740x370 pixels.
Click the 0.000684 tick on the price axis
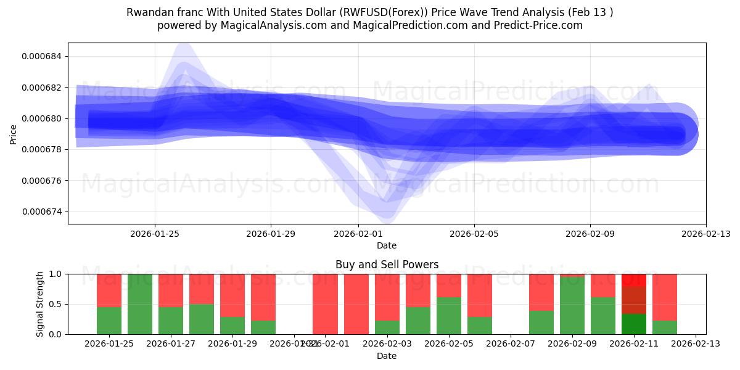[44, 57]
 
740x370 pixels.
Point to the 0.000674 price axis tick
[44, 212]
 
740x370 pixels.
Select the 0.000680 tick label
[44, 118]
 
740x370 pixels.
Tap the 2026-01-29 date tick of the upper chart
[271, 234]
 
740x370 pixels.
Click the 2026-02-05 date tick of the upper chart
[474, 234]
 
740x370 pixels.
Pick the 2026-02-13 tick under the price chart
[706, 234]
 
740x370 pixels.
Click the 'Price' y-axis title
[14, 134]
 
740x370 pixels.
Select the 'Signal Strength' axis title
[40, 304]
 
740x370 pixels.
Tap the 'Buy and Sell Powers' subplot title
[387, 265]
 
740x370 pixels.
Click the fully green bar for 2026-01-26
[140, 304]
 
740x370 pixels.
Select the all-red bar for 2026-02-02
[356, 304]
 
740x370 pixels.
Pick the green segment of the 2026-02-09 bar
[572, 306]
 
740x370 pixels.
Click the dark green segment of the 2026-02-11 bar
[634, 324]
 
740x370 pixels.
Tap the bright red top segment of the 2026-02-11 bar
[634, 279]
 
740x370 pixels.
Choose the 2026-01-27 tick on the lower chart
[171, 343]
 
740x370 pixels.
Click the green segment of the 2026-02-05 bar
[449, 316]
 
